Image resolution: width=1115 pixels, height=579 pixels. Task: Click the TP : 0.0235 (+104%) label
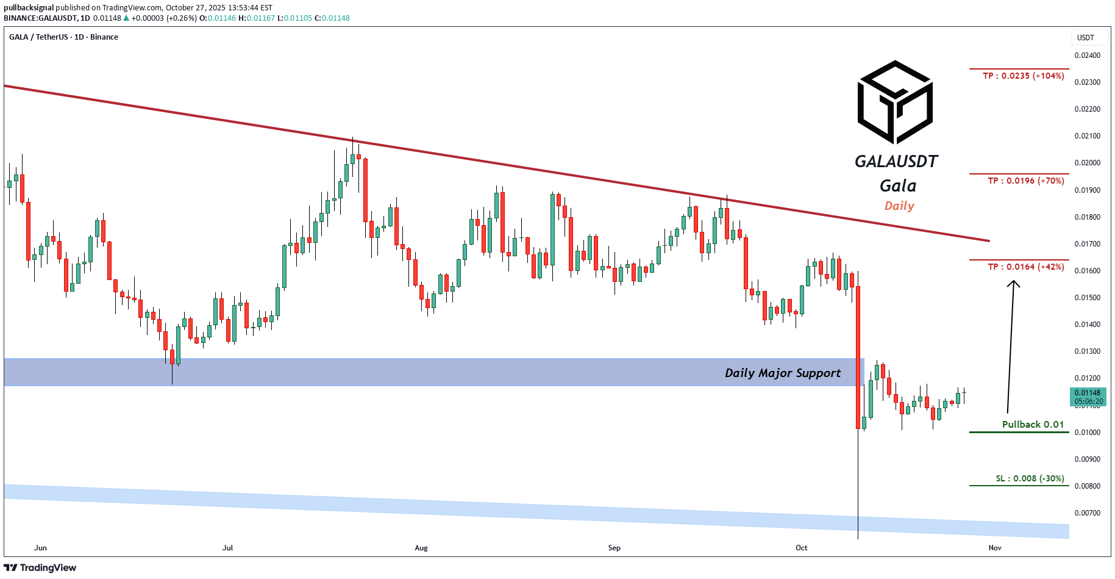(1023, 76)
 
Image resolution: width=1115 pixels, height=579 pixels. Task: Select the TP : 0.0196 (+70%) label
(1025, 181)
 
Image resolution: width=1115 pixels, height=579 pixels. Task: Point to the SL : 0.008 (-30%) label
(1030, 478)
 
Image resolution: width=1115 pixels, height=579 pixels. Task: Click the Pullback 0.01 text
(1033, 424)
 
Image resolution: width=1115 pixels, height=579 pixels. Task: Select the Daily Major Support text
(782, 373)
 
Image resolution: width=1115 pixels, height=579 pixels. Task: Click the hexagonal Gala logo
(895, 102)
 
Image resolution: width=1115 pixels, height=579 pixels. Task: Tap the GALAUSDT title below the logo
(896, 161)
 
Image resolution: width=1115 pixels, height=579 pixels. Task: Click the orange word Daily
(899, 206)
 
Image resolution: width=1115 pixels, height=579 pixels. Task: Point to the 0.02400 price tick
(1087, 56)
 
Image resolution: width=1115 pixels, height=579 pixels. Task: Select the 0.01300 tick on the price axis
(1087, 351)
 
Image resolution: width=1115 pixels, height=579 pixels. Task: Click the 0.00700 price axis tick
(1087, 513)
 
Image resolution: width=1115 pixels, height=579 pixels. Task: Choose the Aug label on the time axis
(421, 548)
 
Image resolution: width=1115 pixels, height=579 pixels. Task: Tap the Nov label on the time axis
(995, 548)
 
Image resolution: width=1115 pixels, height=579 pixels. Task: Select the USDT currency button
(1086, 38)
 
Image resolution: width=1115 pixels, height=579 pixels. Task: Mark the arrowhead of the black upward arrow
(1013, 282)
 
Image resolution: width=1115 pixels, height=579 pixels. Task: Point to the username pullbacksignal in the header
(29, 8)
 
